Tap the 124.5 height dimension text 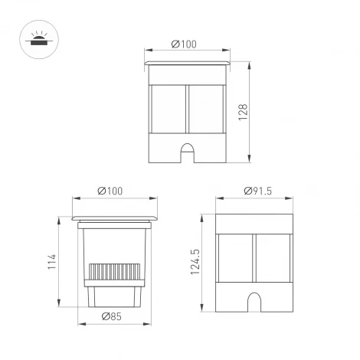(x=195, y=261)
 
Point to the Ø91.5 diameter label (x=256, y=190)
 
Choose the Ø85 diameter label (x=113, y=316)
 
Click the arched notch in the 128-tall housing (x=187, y=151)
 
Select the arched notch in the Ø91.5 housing (x=255, y=302)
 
